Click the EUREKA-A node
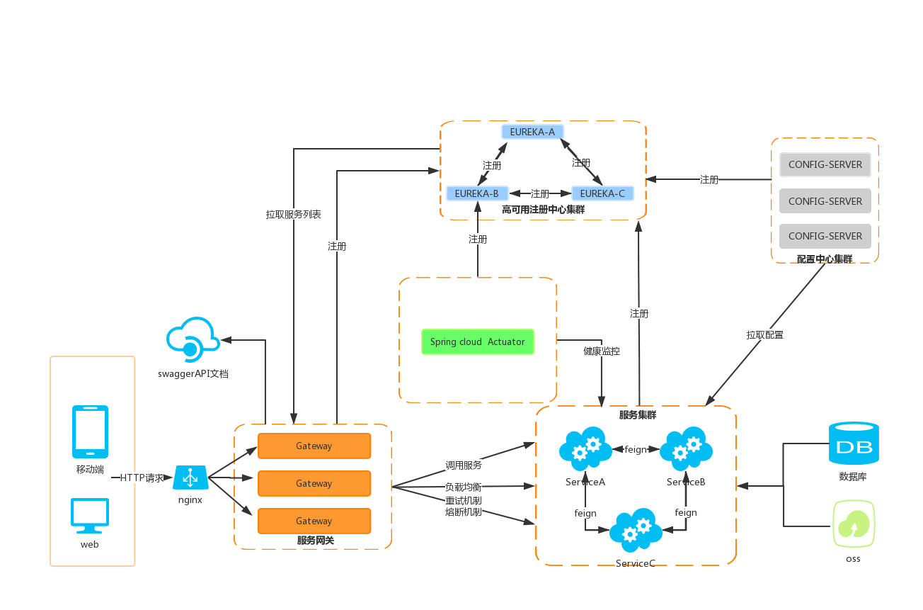click(533, 132)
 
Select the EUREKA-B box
click(476, 193)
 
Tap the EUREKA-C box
click(602, 193)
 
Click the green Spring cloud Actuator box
click(478, 341)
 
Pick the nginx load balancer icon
click(190, 478)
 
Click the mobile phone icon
click(91, 431)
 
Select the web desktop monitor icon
click(90, 516)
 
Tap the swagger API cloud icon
click(191, 338)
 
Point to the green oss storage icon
click(854, 524)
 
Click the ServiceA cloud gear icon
click(585, 449)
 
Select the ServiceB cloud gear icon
click(686, 449)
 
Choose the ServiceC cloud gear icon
click(636, 530)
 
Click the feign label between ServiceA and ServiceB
click(636, 449)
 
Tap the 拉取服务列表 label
click(294, 214)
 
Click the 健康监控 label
click(602, 351)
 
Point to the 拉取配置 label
click(765, 334)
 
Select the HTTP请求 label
click(142, 478)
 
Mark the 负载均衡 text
click(464, 487)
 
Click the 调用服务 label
click(464, 465)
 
